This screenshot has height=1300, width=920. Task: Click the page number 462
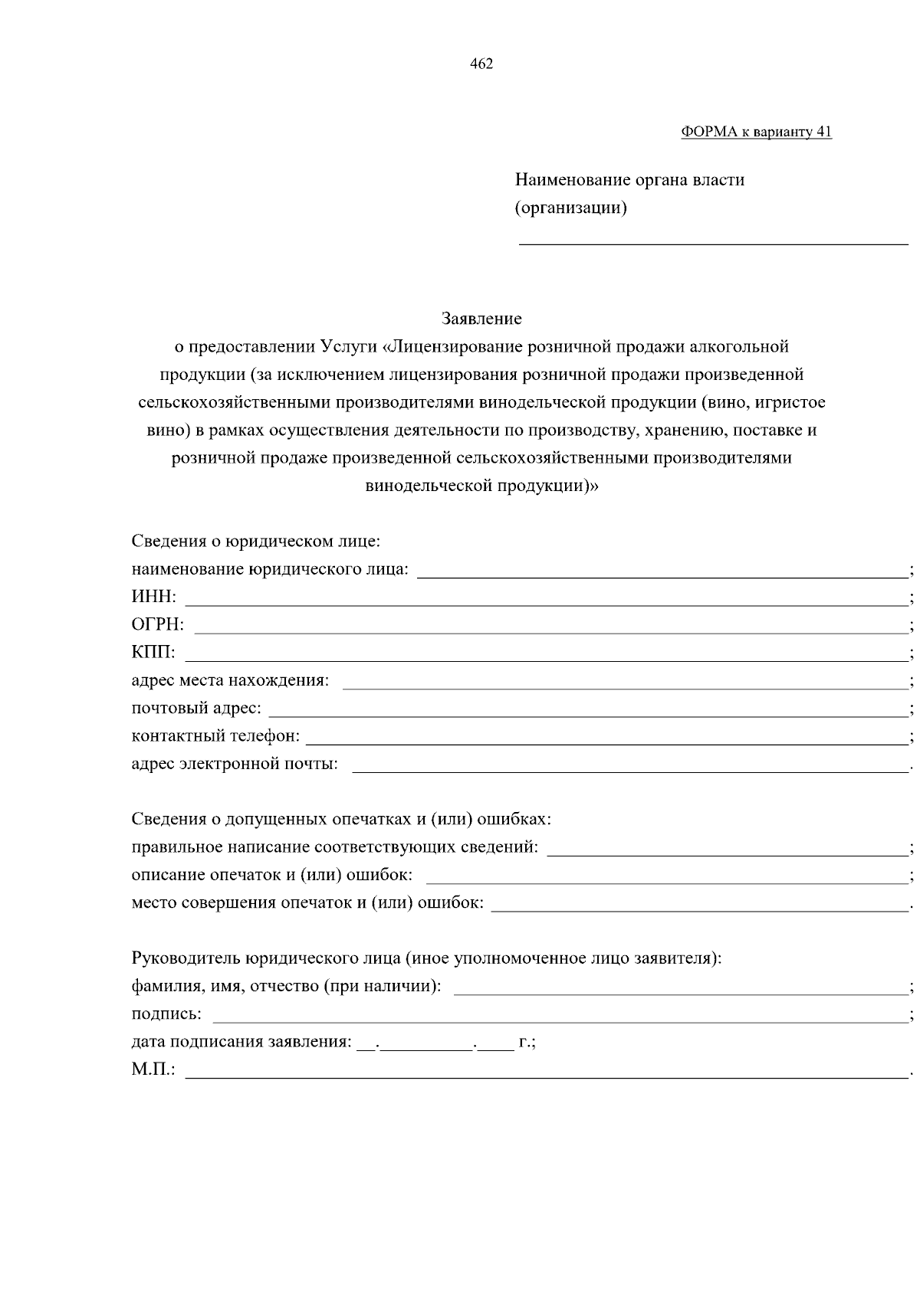pyautogui.click(x=481, y=64)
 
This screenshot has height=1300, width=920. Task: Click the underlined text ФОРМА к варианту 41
pyautogui.click(x=756, y=132)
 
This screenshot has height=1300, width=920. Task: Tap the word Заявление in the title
pyautogui.click(x=481, y=318)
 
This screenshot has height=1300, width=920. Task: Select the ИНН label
pyautogui.click(x=153, y=597)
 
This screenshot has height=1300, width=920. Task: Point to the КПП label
pyautogui.click(x=153, y=653)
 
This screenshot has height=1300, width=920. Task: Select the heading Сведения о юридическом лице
pyautogui.click(x=256, y=542)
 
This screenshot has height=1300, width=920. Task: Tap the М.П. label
pyautogui.click(x=153, y=1069)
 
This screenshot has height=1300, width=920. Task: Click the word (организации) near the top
pyautogui.click(x=570, y=208)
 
